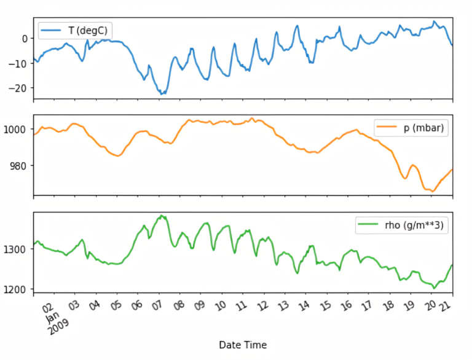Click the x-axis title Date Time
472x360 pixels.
click(243, 345)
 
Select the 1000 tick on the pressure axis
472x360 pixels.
click(16, 129)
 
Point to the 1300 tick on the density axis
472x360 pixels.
click(16, 249)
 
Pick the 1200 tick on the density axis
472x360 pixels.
click(16, 289)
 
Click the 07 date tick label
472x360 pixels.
click(157, 305)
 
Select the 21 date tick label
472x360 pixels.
click(451, 305)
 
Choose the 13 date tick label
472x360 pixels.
click(283, 305)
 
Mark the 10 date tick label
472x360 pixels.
click(220, 305)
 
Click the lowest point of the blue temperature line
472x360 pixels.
click(162, 93)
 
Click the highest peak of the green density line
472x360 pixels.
click(161, 216)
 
